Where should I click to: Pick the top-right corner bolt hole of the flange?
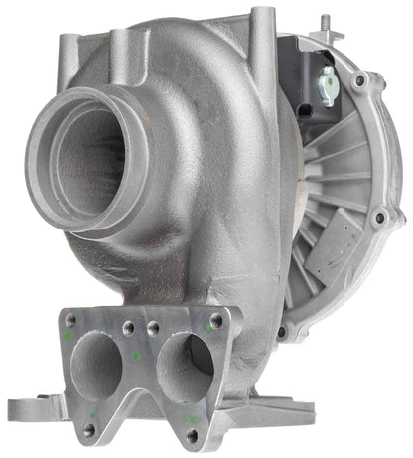coord(217,320)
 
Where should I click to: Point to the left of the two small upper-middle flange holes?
coord(127,327)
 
